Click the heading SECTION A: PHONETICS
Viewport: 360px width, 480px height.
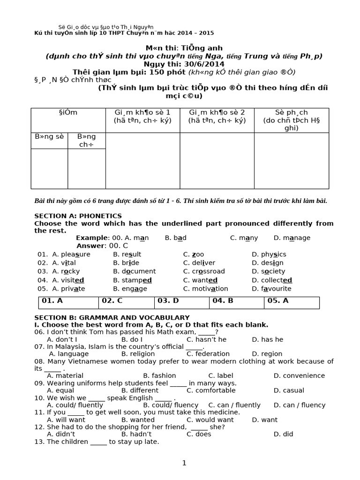point(78,216)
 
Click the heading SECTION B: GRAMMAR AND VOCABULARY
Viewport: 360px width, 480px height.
point(112,317)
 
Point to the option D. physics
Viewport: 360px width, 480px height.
point(269,254)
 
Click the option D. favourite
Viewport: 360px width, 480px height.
point(271,289)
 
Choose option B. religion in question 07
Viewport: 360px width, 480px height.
point(140,354)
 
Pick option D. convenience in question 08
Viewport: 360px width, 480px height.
point(299,375)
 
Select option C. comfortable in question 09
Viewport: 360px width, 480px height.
point(211,390)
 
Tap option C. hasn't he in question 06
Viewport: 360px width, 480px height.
point(206,339)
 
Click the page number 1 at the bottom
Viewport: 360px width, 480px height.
point(184,463)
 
